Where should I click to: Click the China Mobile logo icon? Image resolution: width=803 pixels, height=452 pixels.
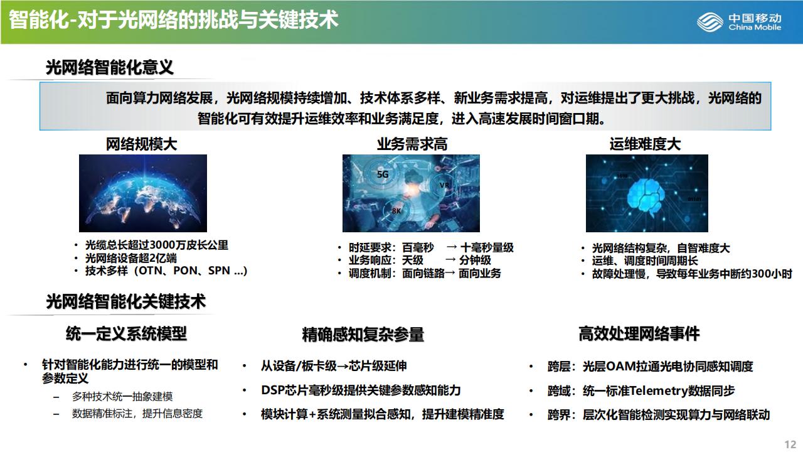pyautogui.click(x=710, y=22)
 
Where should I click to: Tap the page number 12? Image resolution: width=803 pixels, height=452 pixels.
pyautogui.click(x=790, y=444)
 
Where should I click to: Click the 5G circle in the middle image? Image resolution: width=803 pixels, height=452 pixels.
pyautogui.click(x=383, y=175)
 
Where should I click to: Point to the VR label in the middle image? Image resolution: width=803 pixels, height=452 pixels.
pyautogui.click(x=444, y=185)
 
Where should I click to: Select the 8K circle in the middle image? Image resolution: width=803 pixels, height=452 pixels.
pyautogui.click(x=396, y=210)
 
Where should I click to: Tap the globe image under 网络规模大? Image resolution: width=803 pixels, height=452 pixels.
pyautogui.click(x=143, y=193)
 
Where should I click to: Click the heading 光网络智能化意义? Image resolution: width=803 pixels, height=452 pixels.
pyautogui.click(x=110, y=67)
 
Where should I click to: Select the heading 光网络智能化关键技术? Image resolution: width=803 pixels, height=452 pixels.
pyautogui.click(x=126, y=301)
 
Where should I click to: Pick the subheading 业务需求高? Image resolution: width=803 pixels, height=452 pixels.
pyautogui.click(x=412, y=144)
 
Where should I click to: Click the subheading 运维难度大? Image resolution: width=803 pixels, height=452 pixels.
pyautogui.click(x=645, y=144)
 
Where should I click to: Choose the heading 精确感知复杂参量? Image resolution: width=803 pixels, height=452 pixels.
pyautogui.click(x=363, y=335)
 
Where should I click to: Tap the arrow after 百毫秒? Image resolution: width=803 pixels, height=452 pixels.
pyautogui.click(x=452, y=247)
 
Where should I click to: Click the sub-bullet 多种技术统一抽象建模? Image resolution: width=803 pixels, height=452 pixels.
pyautogui.click(x=122, y=396)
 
